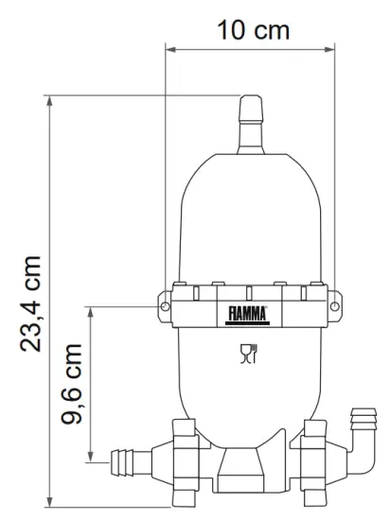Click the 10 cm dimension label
point(254,30)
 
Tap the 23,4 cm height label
point(30,303)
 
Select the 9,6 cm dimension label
point(71,384)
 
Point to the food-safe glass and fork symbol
point(249,354)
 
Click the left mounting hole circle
point(165,306)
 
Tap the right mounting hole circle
point(335,306)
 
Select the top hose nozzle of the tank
point(251,125)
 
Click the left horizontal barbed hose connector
point(132,462)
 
